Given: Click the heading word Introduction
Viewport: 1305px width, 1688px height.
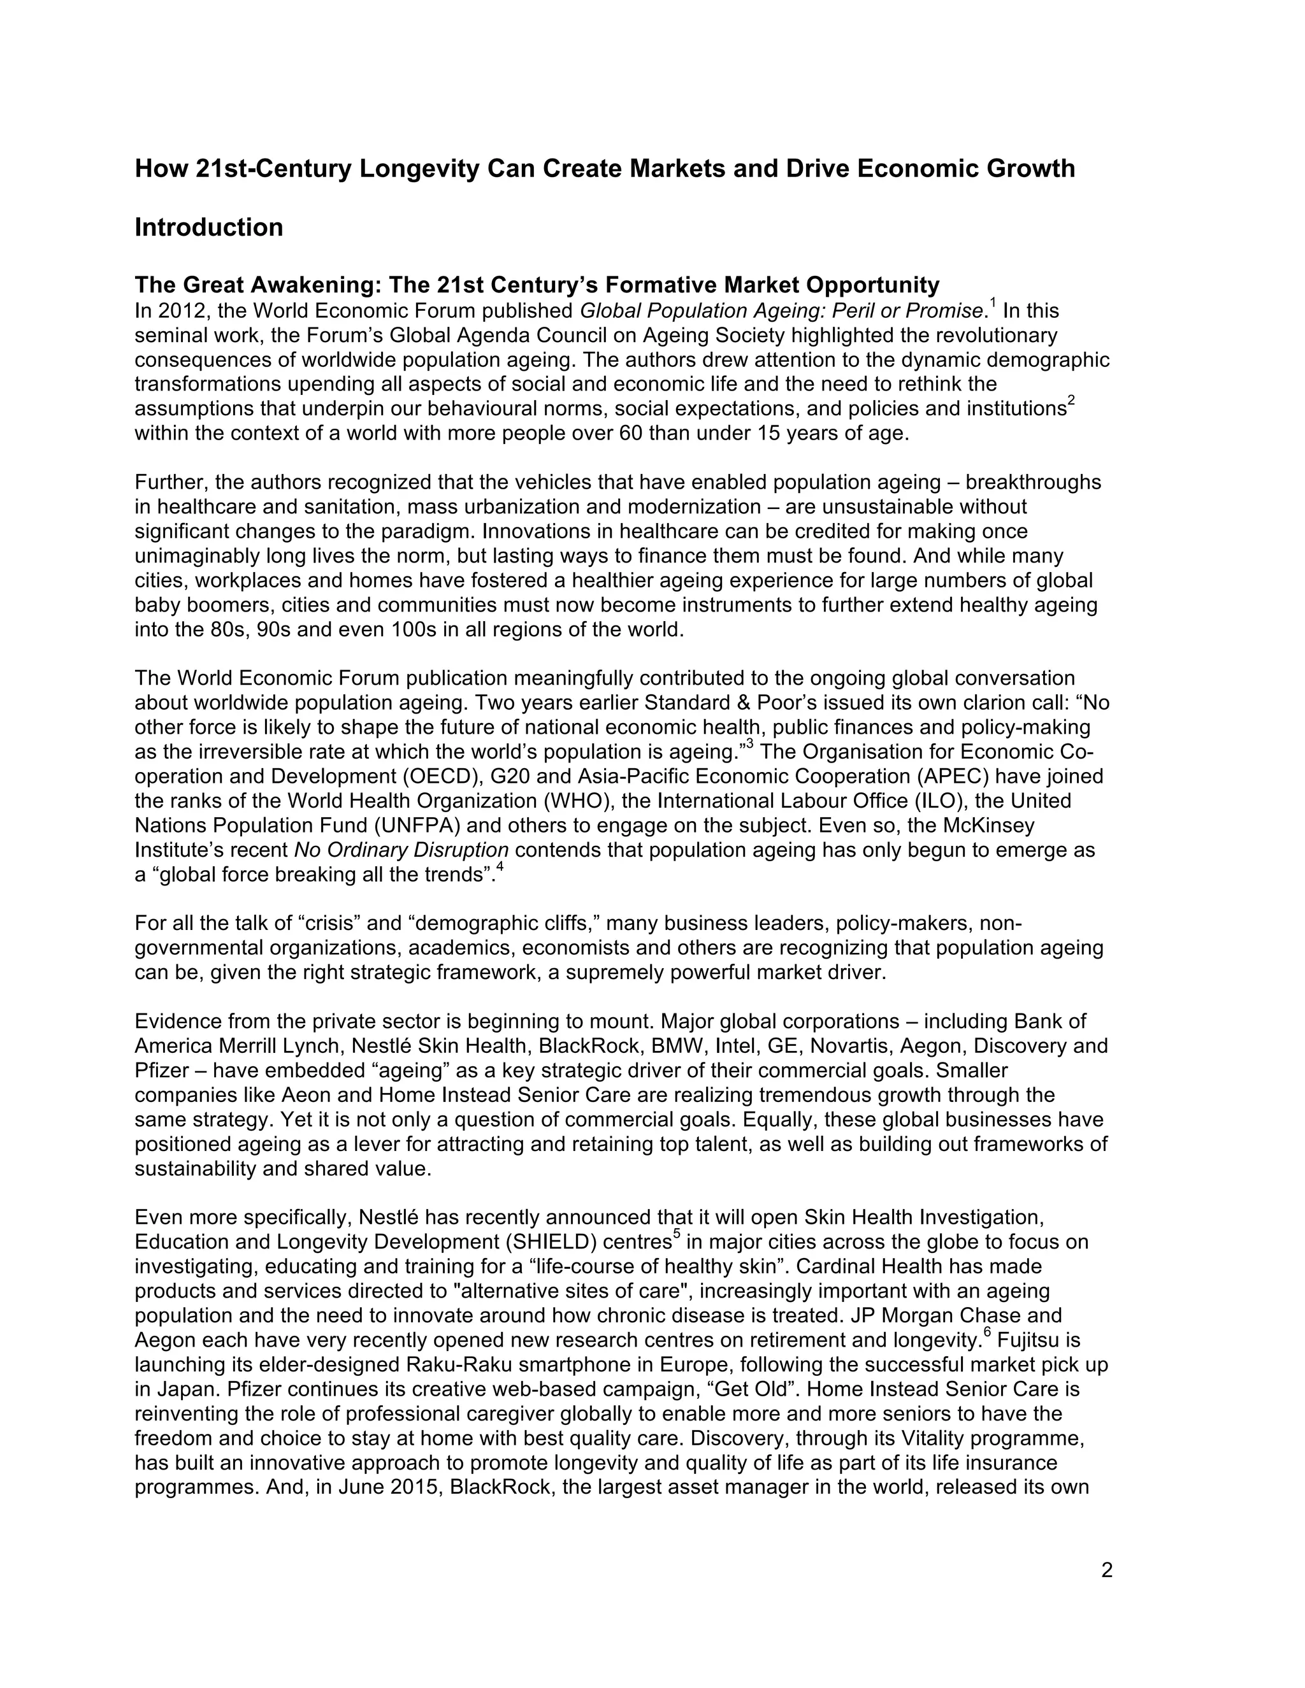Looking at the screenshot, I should [x=209, y=227].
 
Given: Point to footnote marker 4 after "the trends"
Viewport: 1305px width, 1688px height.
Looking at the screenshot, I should [x=500, y=867].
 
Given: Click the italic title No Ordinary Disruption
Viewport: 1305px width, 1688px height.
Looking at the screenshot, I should [x=401, y=850].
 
